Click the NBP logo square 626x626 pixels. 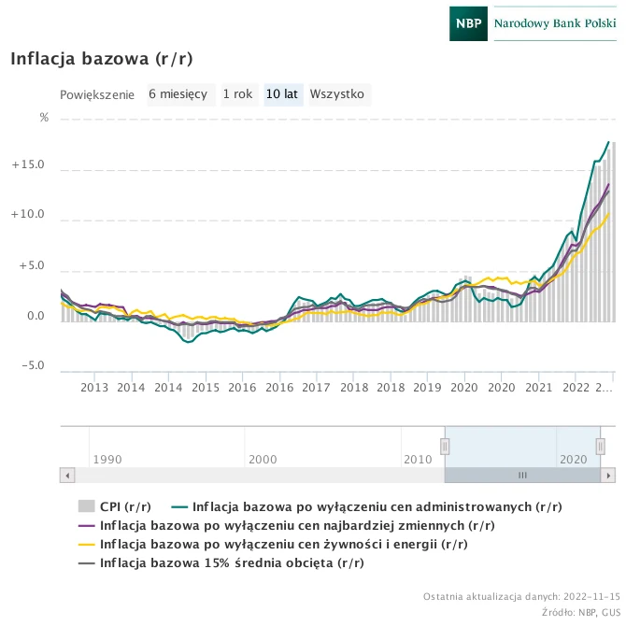pos(468,22)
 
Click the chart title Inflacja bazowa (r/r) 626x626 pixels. pos(102,59)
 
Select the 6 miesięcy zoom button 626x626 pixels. pos(178,94)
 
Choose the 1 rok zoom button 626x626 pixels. pos(237,94)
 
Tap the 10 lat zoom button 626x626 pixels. pos(282,94)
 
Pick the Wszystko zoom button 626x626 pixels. pos(336,94)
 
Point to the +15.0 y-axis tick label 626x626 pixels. pos(28,165)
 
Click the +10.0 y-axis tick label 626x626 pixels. pos(28,215)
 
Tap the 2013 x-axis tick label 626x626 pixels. pos(94,387)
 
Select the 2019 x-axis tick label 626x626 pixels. pos(427,387)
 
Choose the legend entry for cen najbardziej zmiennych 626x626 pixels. pos(297,525)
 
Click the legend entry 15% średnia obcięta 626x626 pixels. pos(232,562)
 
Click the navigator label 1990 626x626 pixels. pos(107,460)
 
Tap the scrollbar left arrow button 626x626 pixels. pos(66,475)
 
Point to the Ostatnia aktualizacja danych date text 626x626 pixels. pos(521,596)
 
